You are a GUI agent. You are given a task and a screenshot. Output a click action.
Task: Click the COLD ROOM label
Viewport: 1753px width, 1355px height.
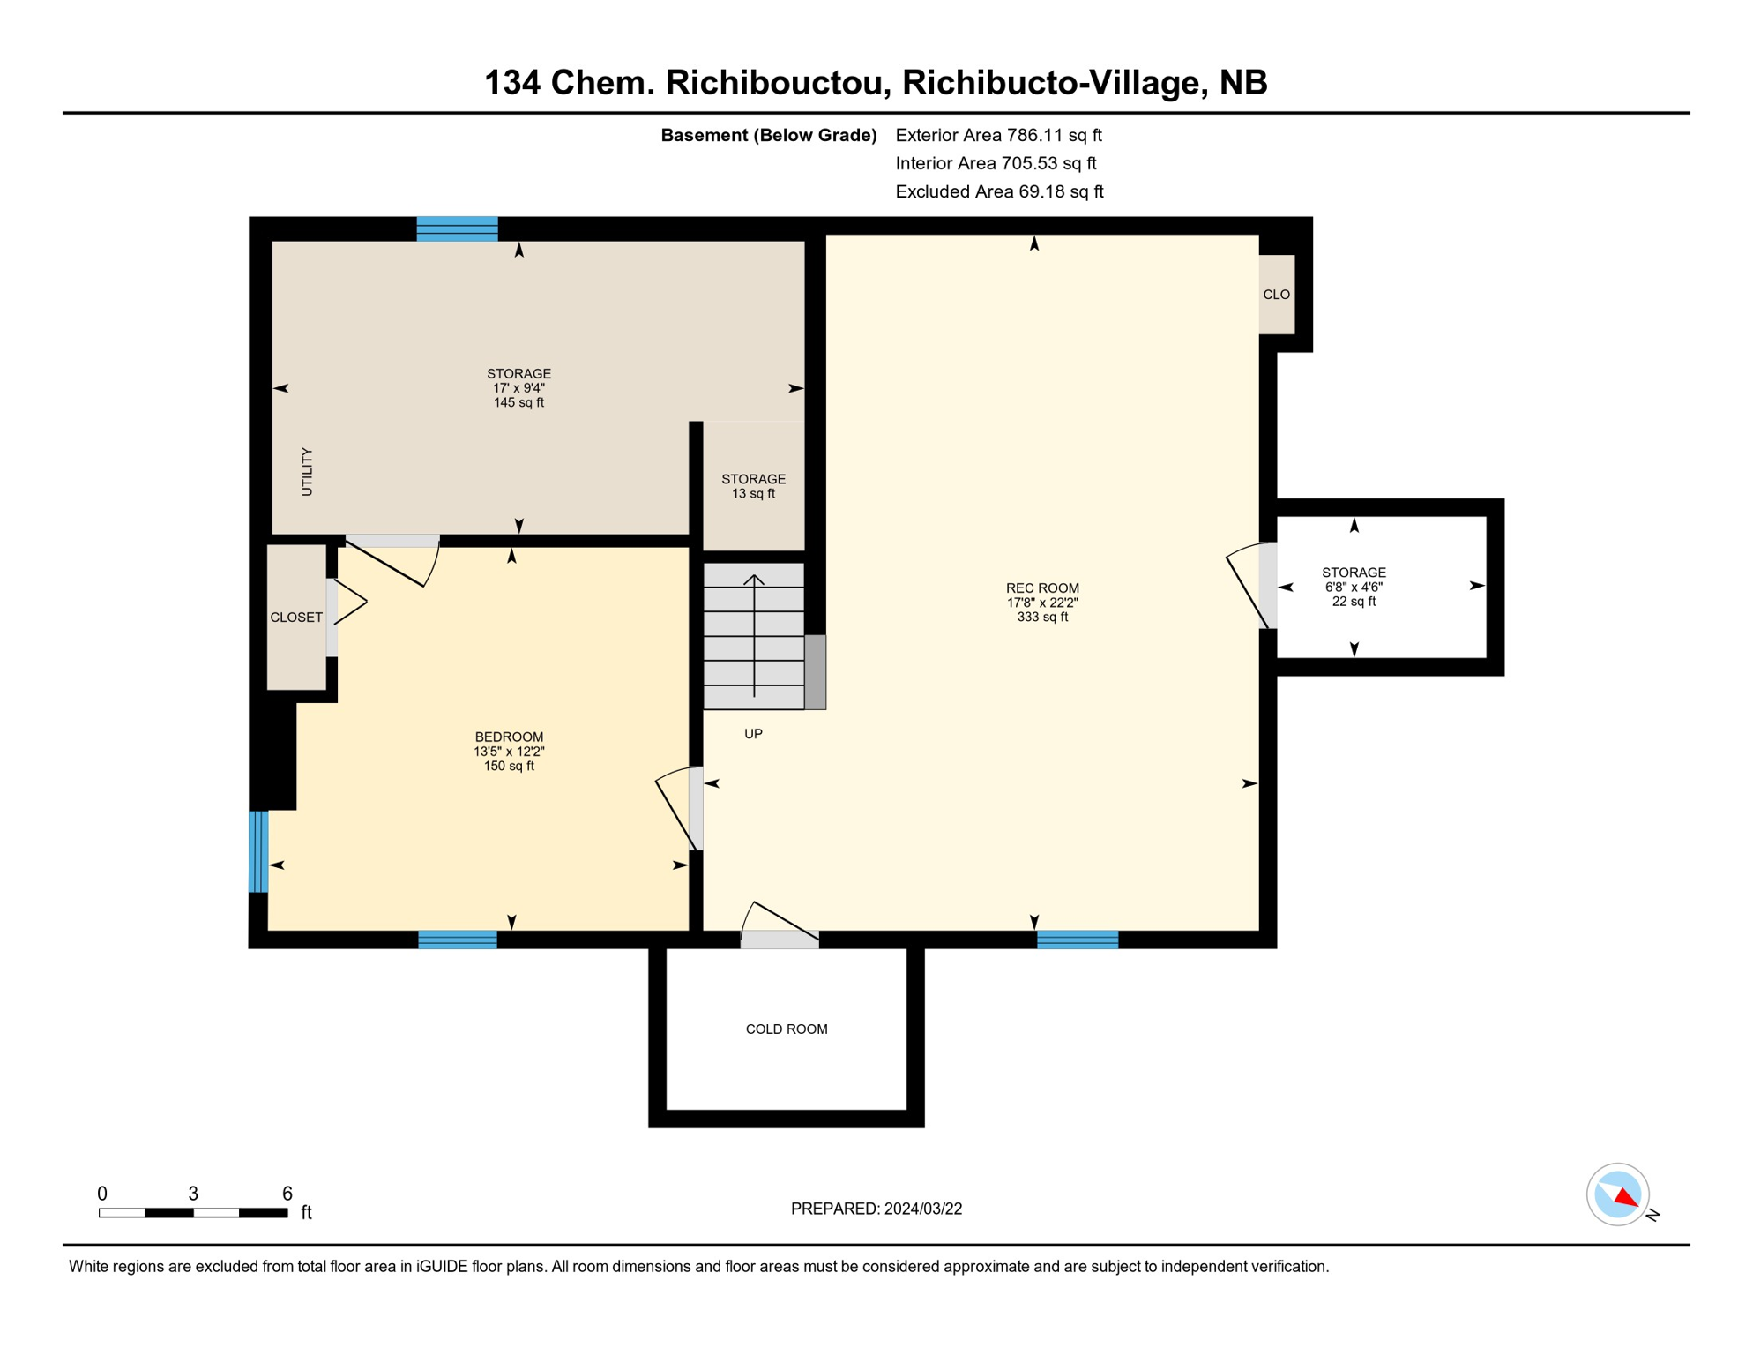tap(787, 1029)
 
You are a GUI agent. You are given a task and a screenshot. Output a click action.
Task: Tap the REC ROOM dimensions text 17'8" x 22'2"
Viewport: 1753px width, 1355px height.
tap(1042, 603)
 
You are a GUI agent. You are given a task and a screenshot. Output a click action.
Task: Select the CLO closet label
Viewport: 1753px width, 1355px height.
tap(1276, 295)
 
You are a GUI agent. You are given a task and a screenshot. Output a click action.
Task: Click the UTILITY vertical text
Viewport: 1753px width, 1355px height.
tap(307, 472)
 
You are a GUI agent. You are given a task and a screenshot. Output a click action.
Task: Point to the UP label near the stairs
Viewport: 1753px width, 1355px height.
tap(753, 734)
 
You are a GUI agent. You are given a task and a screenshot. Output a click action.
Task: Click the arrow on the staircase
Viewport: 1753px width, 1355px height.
tap(754, 635)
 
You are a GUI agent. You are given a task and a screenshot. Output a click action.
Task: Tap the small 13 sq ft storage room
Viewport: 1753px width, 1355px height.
tap(753, 487)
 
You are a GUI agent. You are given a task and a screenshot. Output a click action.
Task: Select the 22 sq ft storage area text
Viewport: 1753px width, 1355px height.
tap(1354, 602)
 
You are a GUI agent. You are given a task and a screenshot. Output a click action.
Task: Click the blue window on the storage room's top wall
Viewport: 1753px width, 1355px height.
tap(457, 229)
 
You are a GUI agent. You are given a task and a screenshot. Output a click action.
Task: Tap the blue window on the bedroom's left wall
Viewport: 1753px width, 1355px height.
tap(258, 852)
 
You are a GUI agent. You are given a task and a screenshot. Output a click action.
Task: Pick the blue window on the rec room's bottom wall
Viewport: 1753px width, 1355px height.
tap(1078, 940)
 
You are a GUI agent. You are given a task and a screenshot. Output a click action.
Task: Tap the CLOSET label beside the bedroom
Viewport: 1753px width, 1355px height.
tap(296, 618)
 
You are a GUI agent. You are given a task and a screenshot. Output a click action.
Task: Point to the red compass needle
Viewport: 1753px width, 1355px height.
tap(1626, 1197)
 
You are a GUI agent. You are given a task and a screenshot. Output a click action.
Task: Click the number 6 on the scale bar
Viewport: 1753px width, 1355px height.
tap(287, 1194)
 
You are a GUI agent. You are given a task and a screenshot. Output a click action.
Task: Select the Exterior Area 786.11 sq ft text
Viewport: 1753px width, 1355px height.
tap(998, 135)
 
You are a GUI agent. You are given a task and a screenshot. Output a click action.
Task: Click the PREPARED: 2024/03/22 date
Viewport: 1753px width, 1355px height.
tap(876, 1209)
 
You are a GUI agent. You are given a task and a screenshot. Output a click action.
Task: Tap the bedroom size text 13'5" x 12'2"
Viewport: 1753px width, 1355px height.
tap(509, 752)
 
